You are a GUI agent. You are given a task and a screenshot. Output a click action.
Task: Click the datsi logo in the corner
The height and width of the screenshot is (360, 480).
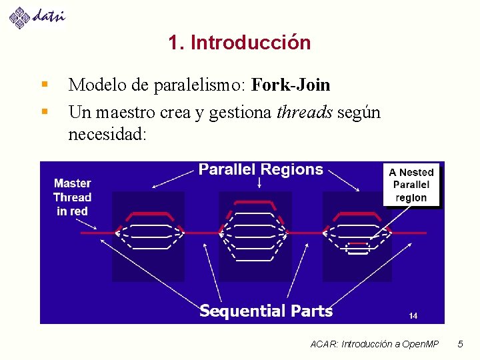click(37, 16)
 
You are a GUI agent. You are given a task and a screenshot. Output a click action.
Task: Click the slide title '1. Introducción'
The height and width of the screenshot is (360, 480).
click(239, 43)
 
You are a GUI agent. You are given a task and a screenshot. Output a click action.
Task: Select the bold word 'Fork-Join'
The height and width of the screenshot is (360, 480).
click(291, 85)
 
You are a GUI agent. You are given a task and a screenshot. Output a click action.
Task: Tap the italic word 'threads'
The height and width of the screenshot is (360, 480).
click(305, 112)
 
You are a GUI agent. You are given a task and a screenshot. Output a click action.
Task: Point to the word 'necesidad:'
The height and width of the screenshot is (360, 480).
click(107, 134)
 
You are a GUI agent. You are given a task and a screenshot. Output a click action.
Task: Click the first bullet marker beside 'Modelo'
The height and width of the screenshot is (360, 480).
click(44, 85)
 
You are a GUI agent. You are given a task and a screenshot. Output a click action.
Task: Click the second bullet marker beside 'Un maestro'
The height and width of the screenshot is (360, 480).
click(44, 111)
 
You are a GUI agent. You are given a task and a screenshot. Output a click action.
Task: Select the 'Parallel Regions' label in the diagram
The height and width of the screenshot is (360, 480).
click(261, 170)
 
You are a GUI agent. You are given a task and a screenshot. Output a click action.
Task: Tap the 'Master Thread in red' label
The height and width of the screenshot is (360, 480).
click(72, 197)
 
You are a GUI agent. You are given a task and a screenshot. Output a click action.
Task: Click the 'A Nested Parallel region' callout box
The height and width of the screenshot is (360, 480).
click(411, 185)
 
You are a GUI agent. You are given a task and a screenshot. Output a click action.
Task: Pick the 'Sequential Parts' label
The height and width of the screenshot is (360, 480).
click(266, 311)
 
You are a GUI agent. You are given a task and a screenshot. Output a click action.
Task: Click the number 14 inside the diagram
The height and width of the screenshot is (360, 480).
click(413, 315)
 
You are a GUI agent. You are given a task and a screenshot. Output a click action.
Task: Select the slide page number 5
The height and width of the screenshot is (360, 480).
click(460, 344)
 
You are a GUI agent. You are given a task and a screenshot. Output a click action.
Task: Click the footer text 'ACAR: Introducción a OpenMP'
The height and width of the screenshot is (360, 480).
click(375, 344)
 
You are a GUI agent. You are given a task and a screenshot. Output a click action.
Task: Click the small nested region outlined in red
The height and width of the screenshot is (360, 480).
click(358, 248)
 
